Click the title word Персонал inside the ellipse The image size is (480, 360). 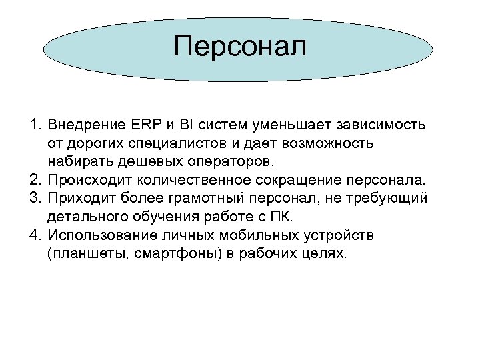240,47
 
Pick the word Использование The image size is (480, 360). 103,235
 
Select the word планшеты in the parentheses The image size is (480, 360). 81,254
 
